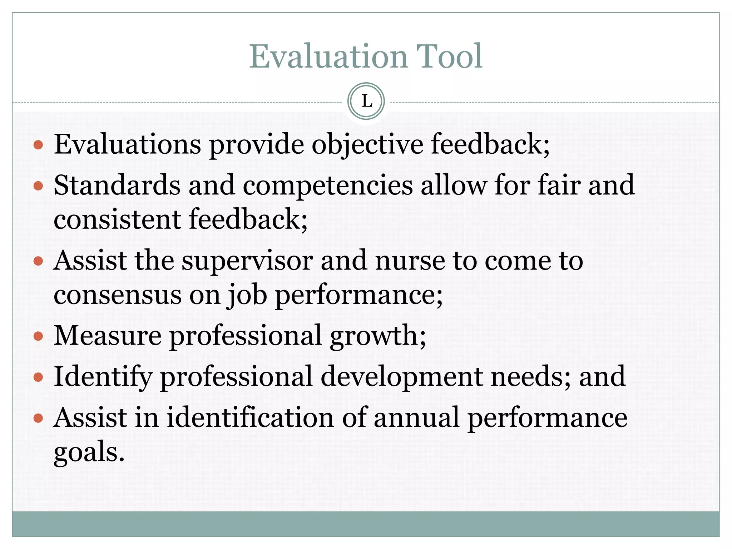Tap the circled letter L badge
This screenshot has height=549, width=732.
366,101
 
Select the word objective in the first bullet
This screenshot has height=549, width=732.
367,145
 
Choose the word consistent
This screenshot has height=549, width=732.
117,219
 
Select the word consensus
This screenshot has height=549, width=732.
118,295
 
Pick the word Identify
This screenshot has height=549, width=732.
103,377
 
